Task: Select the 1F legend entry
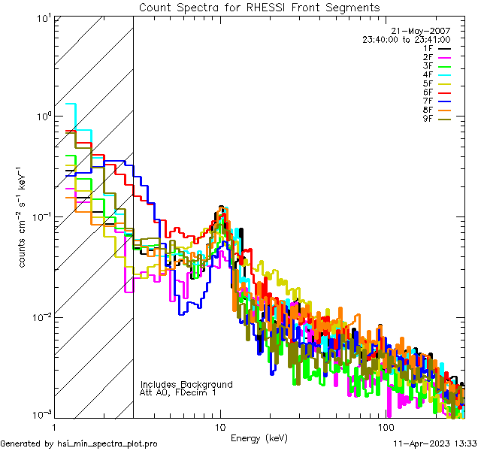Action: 428,48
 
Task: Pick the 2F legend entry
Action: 428,57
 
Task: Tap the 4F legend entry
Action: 428,74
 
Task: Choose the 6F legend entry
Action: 428,92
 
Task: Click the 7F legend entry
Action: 428,101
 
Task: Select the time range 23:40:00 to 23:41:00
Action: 407,39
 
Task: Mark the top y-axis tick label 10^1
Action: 42,17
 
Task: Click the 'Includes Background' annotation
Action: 186,384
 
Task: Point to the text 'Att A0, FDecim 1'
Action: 178,392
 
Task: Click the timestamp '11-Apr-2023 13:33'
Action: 433,443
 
